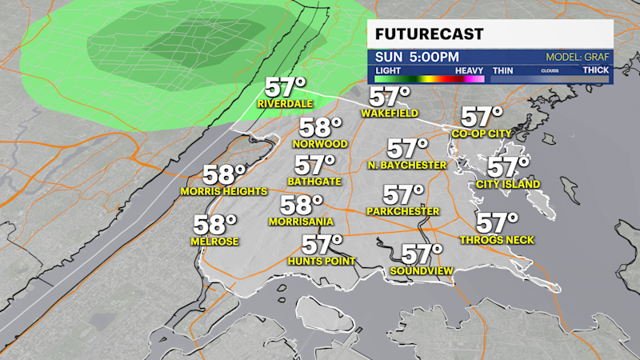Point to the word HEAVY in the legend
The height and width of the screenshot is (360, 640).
(469, 70)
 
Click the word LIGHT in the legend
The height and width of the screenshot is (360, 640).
(390, 70)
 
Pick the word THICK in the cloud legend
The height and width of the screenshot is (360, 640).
(595, 70)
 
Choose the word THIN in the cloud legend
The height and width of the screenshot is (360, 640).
(502, 70)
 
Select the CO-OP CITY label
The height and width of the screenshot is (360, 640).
(480, 134)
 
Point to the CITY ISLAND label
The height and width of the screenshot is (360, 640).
(507, 185)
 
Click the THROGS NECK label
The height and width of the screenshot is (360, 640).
(496, 240)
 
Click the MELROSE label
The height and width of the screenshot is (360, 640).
(214, 242)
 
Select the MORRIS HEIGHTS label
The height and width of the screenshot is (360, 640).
(223, 191)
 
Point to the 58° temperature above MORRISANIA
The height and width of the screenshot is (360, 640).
(301, 205)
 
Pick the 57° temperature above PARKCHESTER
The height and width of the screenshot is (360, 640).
(403, 194)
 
